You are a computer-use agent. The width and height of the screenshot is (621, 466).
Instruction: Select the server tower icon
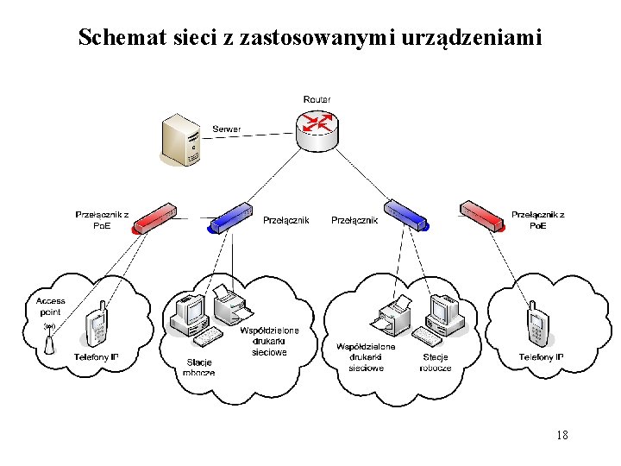coord(183,141)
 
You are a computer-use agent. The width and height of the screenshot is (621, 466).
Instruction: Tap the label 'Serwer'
coord(227,129)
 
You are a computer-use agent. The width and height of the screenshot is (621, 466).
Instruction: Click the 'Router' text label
coord(317,99)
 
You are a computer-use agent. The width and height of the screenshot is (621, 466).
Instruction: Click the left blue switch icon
coord(230,217)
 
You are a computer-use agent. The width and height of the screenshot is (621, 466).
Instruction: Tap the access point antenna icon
coord(49,339)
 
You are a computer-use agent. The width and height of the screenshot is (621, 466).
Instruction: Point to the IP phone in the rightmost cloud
coord(539,326)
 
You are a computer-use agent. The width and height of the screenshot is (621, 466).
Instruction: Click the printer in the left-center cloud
coord(230,303)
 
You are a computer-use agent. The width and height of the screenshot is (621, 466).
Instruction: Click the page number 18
coord(561,435)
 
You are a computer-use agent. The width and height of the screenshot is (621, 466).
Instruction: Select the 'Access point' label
coord(51,306)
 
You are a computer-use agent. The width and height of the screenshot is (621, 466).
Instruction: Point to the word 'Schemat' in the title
coord(112,38)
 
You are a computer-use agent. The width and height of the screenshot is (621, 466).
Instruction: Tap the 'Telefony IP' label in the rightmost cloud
coord(541,357)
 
